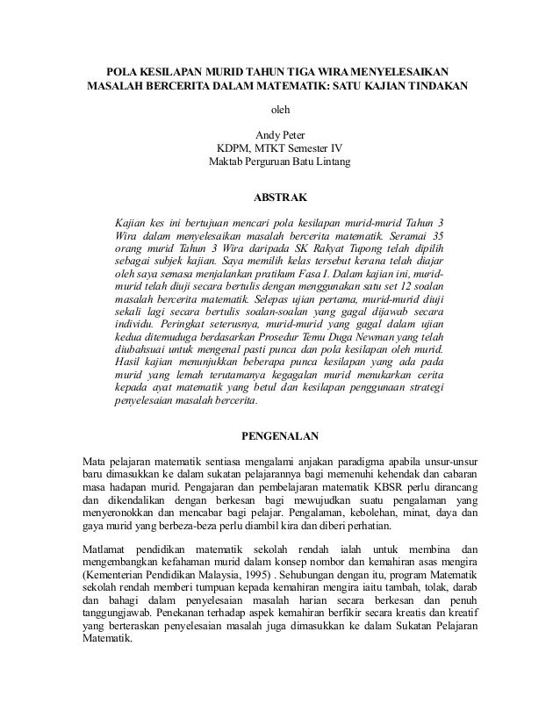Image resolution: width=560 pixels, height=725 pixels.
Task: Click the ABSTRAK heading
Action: click(280, 196)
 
